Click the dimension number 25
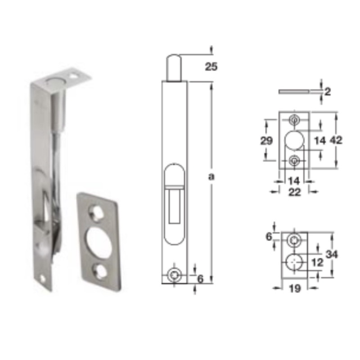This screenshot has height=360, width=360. (211, 67)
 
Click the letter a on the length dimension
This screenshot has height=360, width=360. (211, 176)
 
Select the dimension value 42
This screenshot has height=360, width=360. (336, 140)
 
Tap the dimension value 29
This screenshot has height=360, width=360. (266, 140)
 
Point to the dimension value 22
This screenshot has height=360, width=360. (295, 192)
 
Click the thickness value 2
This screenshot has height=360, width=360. (328, 92)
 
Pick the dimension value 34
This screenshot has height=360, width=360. (332, 254)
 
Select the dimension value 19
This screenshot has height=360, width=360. (295, 288)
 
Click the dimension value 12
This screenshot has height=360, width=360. (318, 262)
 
